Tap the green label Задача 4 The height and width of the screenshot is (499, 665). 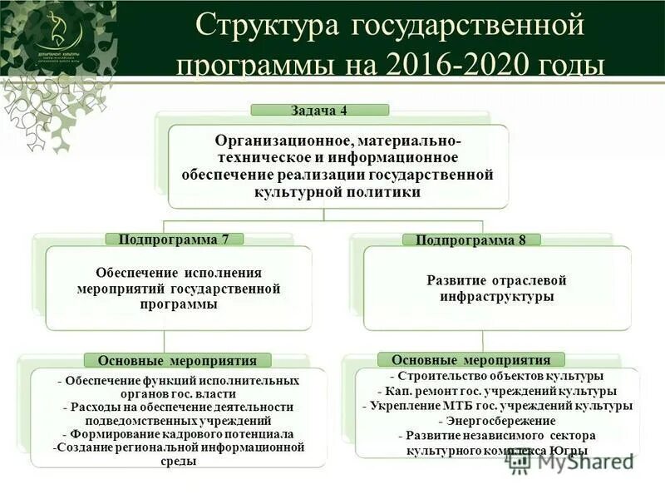320,110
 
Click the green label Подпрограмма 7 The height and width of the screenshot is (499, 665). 174,239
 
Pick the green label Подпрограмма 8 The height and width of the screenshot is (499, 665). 471,240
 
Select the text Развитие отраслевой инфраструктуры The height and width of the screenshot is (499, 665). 496,288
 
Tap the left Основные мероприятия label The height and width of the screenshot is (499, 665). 178,360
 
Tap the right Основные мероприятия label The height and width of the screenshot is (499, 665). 471,360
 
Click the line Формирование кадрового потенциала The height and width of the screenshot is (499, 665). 178,434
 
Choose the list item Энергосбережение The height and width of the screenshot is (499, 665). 496,421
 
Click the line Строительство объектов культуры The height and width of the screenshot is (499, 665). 496,376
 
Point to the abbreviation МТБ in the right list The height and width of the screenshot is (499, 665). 461,406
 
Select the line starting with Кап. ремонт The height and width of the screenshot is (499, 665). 496,391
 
